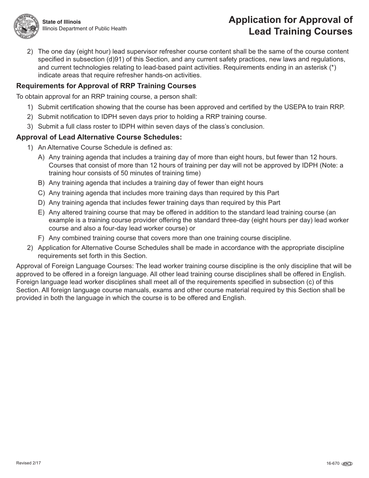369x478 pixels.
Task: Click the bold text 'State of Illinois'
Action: pos(61,22)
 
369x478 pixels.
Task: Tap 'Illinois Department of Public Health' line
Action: pos(84,29)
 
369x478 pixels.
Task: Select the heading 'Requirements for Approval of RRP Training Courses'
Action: pos(106,86)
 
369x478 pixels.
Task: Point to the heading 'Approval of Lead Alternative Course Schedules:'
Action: pos(99,137)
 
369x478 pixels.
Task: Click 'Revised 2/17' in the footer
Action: pos(28,463)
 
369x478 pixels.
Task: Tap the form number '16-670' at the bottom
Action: pos(333,464)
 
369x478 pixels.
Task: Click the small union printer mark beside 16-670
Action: pos(347,464)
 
